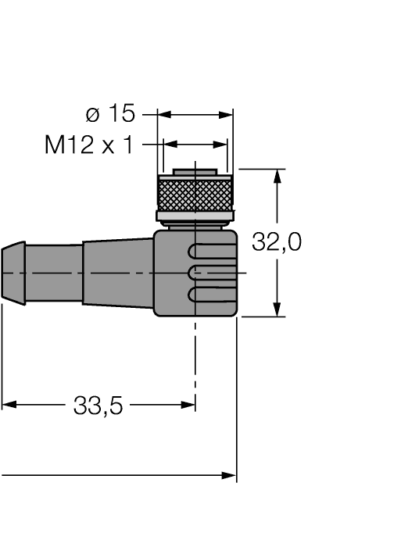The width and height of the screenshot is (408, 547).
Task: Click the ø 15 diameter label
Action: tap(109, 114)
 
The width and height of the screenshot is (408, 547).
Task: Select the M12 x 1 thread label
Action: tap(89, 145)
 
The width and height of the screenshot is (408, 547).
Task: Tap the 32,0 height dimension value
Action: tap(276, 243)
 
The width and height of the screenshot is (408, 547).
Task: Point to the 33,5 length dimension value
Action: tap(98, 406)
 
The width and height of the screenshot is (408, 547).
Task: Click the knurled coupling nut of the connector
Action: tap(195, 193)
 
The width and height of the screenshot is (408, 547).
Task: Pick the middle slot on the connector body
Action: tap(213, 272)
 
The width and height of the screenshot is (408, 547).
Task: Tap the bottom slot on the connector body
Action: tap(213, 295)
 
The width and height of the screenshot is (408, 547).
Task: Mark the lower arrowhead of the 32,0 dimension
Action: tap(277, 310)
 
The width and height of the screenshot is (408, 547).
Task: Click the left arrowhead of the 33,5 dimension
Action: tap(8, 405)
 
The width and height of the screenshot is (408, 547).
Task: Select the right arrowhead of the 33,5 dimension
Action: tap(188, 405)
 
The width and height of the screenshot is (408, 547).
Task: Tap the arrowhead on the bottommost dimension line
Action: tap(229, 475)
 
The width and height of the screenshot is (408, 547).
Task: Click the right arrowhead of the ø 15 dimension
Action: tap(227, 115)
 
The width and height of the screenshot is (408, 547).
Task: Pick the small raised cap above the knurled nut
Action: tap(195, 171)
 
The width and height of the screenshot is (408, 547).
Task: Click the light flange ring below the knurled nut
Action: tap(195, 216)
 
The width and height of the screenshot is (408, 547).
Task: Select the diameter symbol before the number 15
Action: tap(93, 115)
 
